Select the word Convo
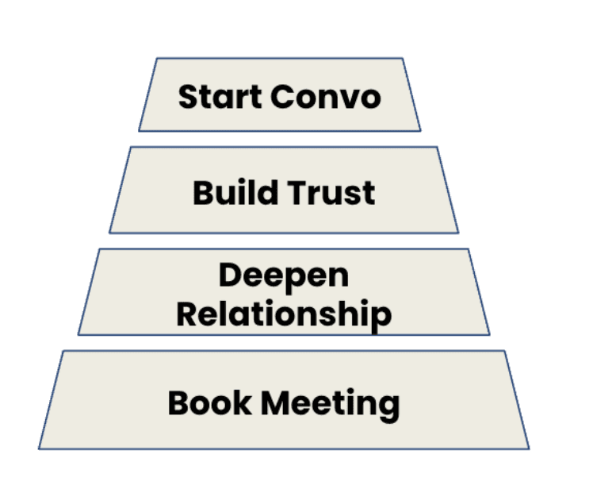326,97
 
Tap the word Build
233,193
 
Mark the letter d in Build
265,192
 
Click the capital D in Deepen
231,275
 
